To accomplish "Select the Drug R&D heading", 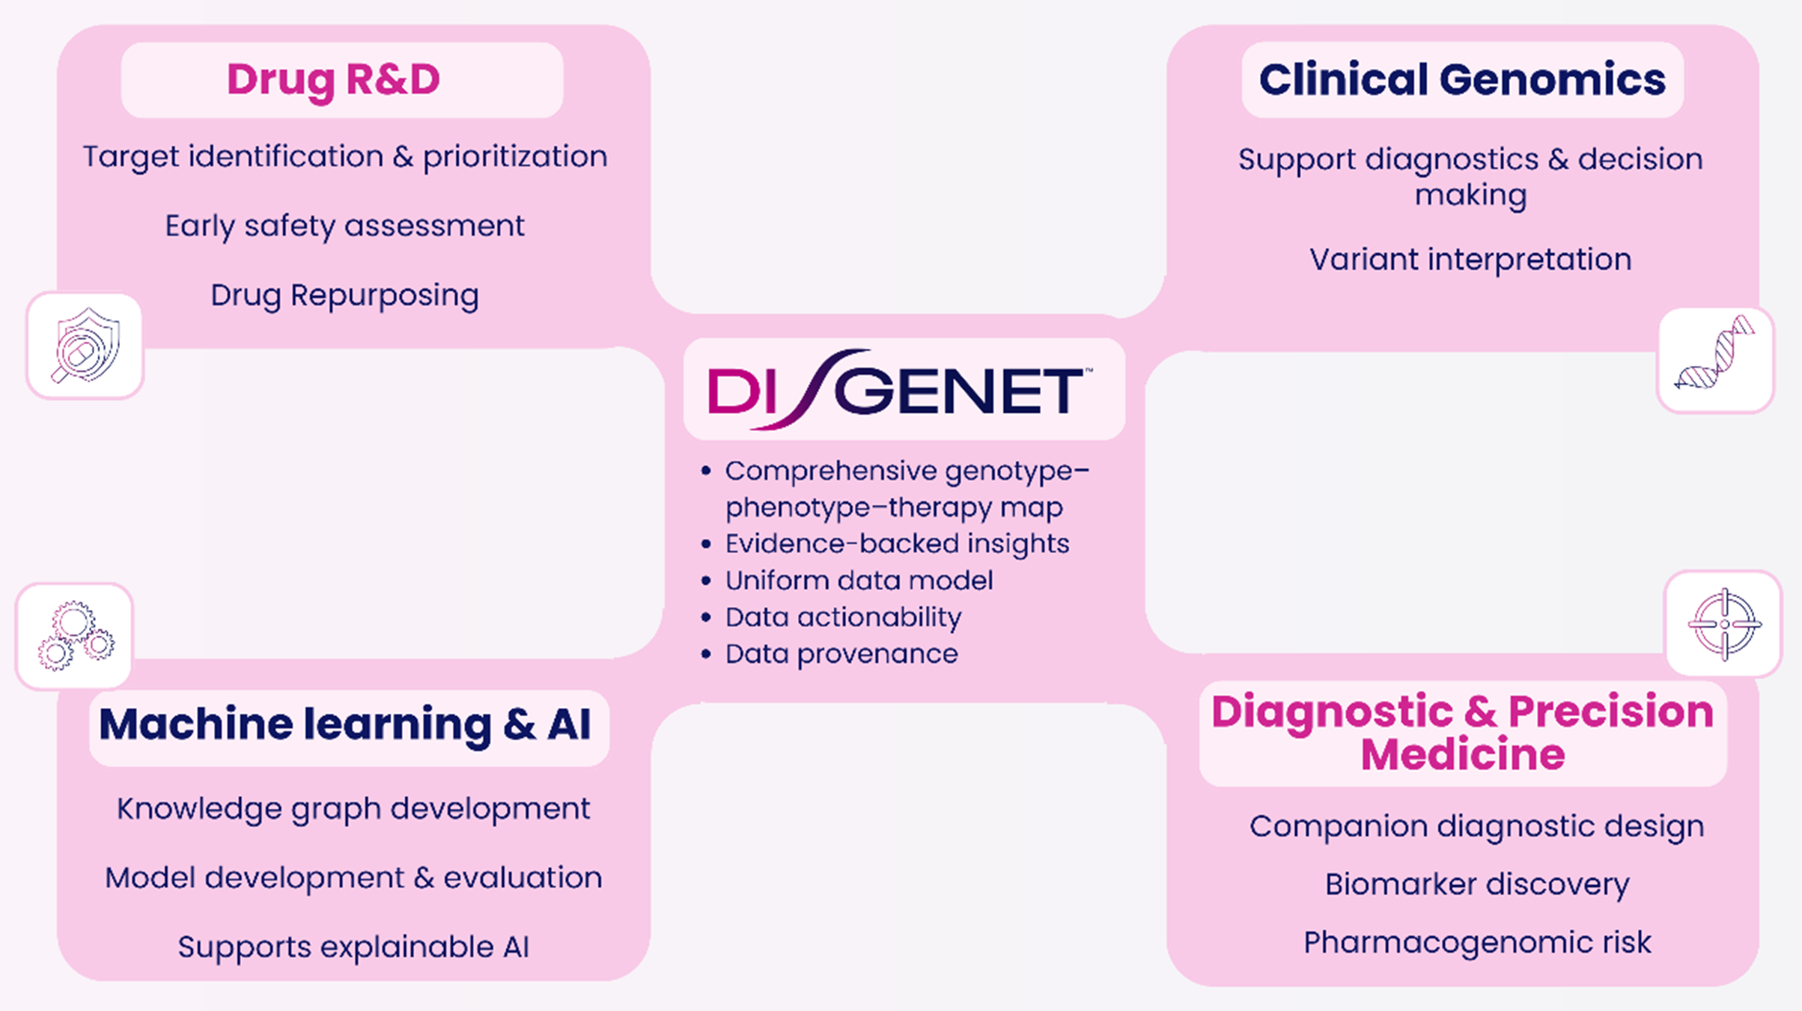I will point(334,80).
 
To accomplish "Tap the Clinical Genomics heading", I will point(1462,79).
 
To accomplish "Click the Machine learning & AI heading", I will point(345,724).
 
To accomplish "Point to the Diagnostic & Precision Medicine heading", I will point(1462,732).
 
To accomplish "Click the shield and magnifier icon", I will point(85,346).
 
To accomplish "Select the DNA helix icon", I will point(1715,360).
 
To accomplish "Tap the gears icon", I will point(75,636).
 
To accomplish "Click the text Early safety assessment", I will point(344,226).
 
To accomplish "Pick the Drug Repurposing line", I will point(344,296).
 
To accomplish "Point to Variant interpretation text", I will point(1470,260).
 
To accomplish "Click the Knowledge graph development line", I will point(353,809).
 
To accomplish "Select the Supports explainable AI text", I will point(353,947).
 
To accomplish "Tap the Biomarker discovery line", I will point(1476,885).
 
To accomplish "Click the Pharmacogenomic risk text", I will point(1476,943).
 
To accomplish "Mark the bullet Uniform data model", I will point(859,581).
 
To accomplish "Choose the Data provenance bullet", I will point(841,654).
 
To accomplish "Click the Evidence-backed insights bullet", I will point(896,544).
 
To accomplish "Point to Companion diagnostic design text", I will point(1476,827).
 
